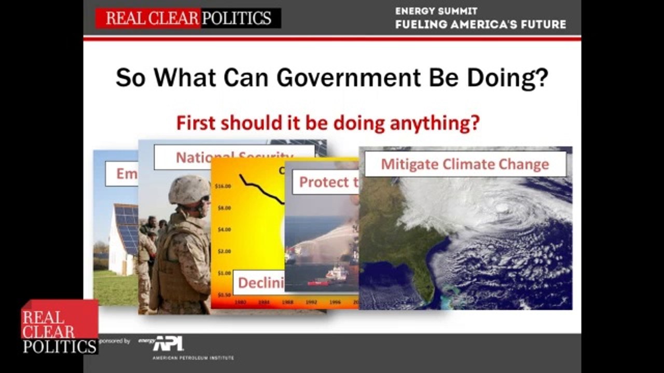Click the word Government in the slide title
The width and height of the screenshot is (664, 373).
348,78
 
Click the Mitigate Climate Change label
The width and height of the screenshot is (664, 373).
465,164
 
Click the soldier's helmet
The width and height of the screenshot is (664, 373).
189,190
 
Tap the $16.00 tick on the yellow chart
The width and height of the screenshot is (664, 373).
223,187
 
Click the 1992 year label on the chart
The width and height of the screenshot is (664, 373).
311,302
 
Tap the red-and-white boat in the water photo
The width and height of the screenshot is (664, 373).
337,272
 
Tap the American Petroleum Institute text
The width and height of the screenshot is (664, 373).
193,357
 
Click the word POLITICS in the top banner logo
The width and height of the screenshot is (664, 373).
237,19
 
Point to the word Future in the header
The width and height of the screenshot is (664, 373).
542,24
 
